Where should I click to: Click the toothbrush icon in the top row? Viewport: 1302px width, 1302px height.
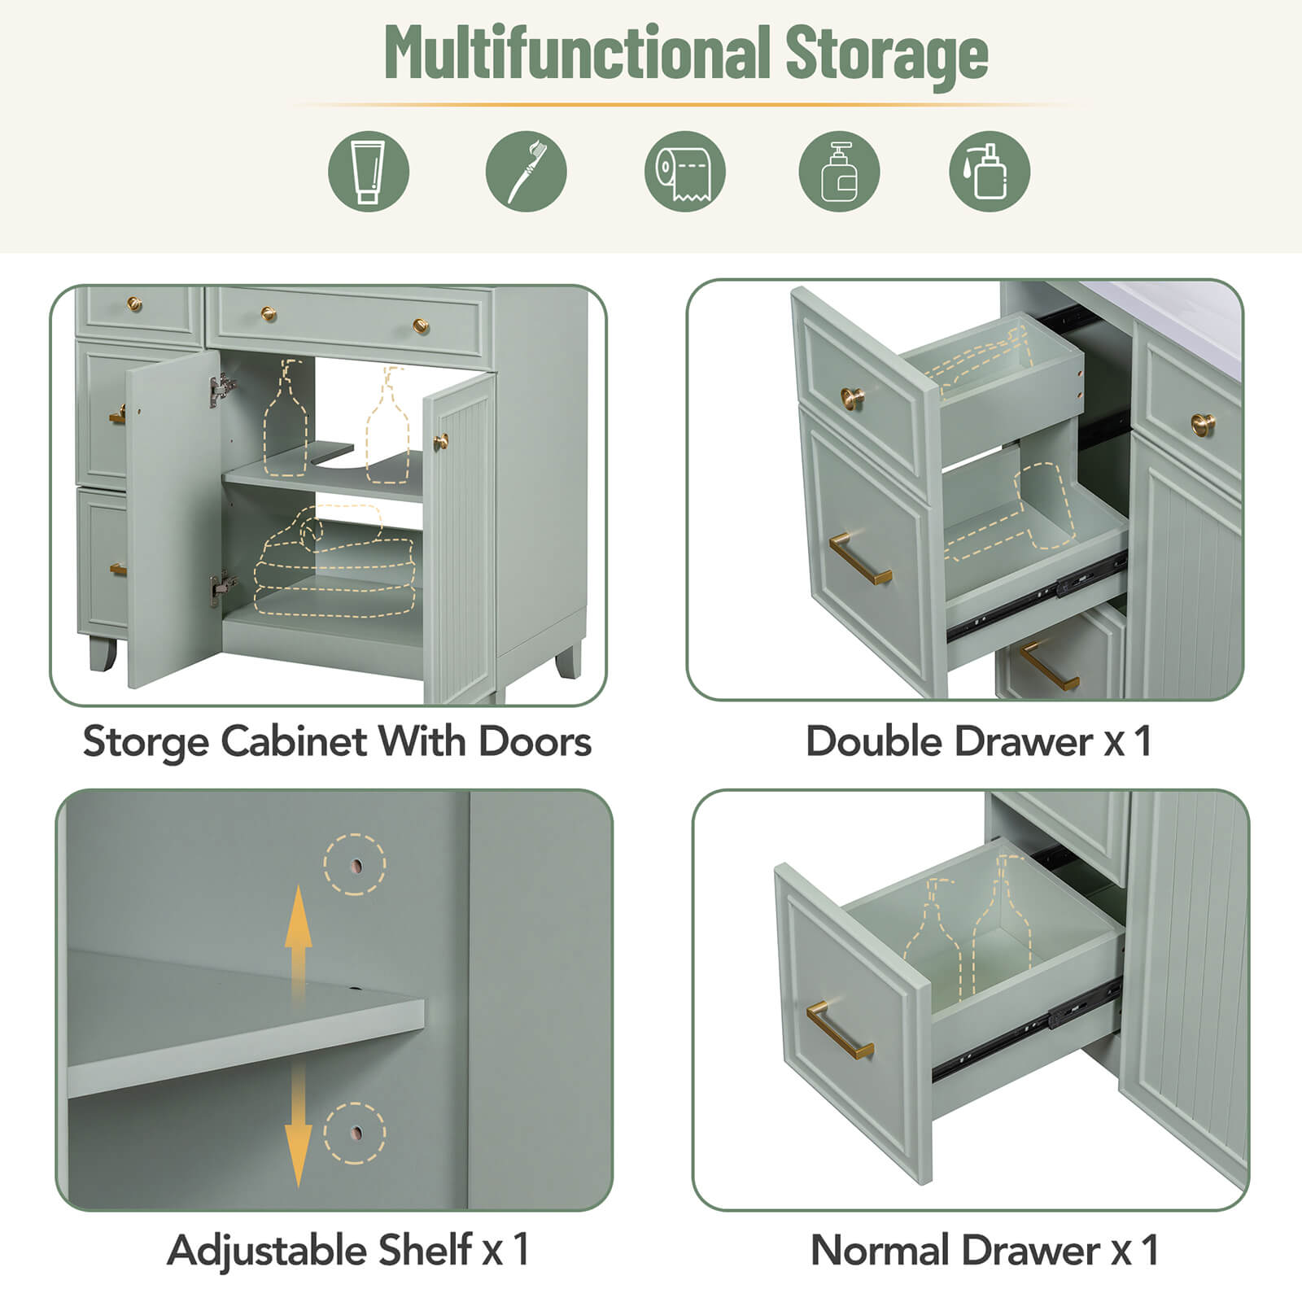526,172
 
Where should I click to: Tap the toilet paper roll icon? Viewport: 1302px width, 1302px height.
684,172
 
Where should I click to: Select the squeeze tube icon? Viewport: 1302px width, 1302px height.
369,172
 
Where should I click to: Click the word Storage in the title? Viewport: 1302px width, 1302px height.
886,54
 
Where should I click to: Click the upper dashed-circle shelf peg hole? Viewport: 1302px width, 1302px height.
355,865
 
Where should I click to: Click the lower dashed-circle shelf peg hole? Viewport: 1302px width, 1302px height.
355,1133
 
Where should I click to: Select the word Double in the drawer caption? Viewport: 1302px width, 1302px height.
867,741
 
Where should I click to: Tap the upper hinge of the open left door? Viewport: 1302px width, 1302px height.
221,390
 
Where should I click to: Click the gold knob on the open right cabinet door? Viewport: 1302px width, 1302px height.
441,442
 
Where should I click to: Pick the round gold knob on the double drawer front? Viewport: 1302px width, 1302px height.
852,398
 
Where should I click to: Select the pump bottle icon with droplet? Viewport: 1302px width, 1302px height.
990,172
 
